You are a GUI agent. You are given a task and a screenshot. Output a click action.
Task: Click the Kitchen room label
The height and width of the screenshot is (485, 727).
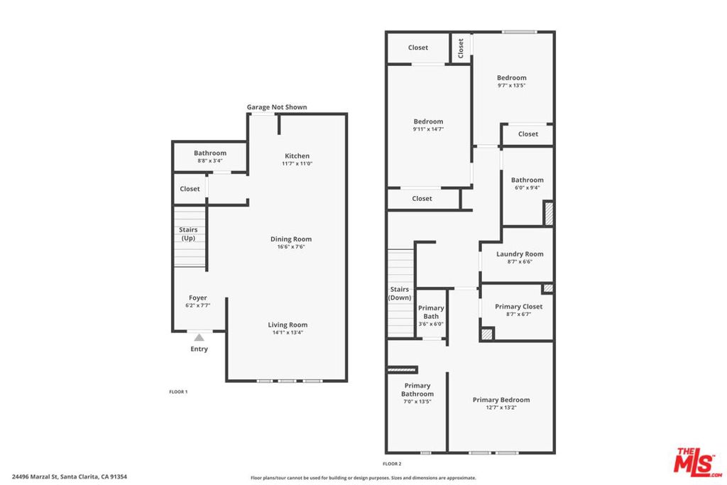click(297, 156)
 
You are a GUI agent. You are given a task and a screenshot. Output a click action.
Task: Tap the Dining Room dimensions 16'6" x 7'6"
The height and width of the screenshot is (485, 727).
click(291, 246)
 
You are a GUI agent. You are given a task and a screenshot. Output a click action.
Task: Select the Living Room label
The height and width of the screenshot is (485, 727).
click(288, 325)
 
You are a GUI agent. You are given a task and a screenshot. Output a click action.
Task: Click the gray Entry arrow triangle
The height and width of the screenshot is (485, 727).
click(199, 337)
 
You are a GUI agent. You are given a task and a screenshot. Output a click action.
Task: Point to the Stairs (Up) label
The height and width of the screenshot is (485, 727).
click(188, 234)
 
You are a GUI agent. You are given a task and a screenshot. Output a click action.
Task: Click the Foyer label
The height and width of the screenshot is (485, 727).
click(198, 298)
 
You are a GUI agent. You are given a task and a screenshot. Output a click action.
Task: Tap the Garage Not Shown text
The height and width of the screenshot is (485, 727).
click(277, 107)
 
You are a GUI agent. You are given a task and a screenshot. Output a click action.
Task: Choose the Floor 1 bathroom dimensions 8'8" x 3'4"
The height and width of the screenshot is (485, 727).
click(210, 160)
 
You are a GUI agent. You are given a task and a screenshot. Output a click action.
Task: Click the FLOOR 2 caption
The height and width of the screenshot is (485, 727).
click(392, 464)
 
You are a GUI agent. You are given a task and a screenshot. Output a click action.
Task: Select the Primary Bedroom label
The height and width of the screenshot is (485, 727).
click(501, 400)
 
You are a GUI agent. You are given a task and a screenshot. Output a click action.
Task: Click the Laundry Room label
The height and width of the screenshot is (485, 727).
click(520, 254)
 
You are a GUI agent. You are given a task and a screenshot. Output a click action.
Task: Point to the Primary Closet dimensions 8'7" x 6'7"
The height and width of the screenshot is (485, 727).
click(519, 314)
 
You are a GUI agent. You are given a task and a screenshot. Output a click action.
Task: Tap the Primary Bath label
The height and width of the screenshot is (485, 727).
click(431, 312)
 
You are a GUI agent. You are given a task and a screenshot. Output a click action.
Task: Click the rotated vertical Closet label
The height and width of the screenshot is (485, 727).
click(460, 48)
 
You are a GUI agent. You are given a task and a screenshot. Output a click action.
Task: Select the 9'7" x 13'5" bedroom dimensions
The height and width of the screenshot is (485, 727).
click(511, 85)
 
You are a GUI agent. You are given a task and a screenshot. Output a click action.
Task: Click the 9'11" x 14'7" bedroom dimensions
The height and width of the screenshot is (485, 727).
click(428, 129)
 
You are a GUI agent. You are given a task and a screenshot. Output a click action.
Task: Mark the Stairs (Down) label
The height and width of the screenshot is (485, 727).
click(400, 293)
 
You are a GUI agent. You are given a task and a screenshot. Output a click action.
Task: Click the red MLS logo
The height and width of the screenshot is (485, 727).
click(698, 462)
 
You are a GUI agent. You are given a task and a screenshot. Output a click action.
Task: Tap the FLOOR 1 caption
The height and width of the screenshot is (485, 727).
click(178, 392)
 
